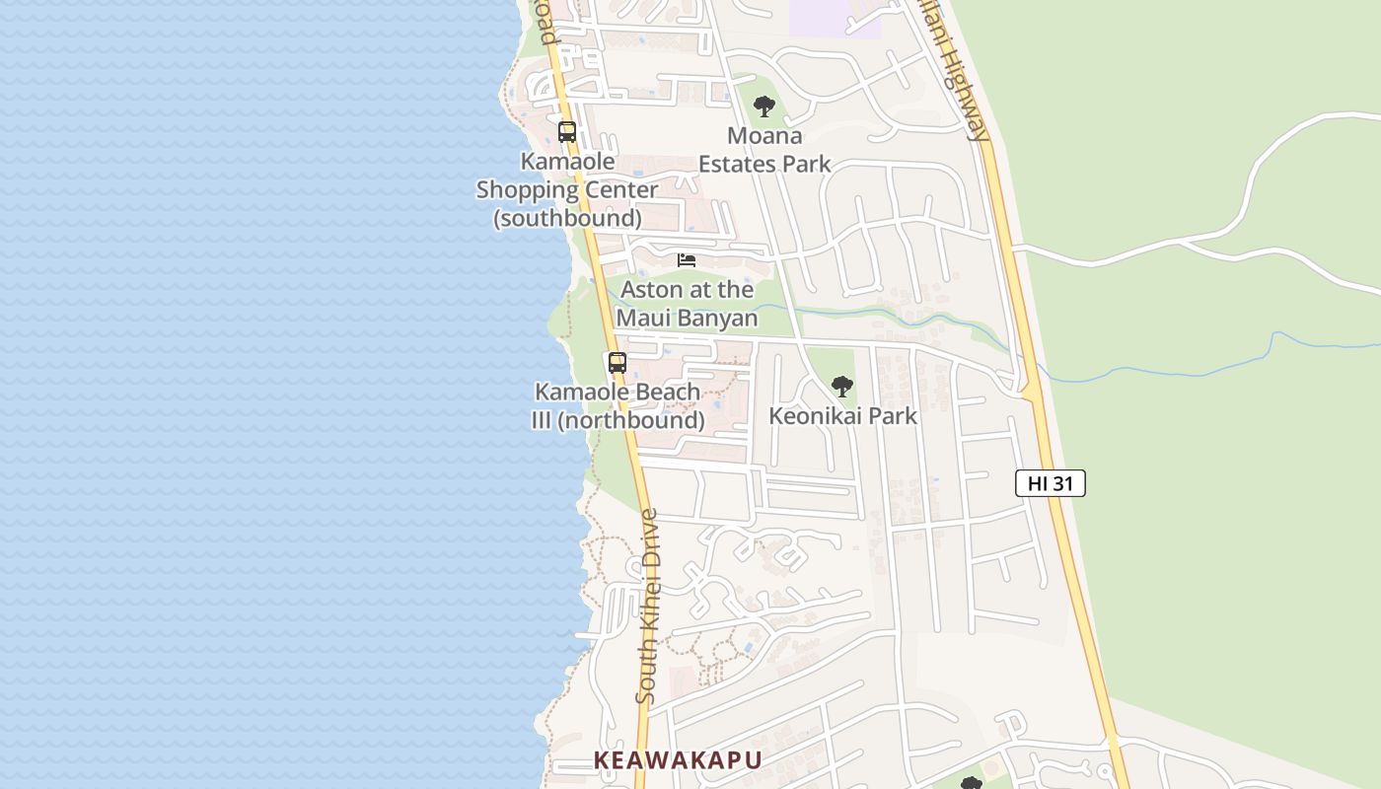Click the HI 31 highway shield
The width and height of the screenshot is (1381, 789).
pyautogui.click(x=1051, y=483)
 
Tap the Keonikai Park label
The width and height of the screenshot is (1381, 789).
pyautogui.click(x=842, y=416)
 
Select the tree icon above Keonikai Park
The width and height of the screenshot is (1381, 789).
pyautogui.click(x=841, y=387)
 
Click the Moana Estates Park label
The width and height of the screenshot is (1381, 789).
pyautogui.click(x=764, y=150)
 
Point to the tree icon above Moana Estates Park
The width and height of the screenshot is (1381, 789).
pyautogui.click(x=764, y=107)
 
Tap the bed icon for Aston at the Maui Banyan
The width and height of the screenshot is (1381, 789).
pyautogui.click(x=687, y=260)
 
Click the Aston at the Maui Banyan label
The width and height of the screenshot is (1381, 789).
pyautogui.click(x=687, y=304)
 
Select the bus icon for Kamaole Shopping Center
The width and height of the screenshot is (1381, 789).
pyautogui.click(x=567, y=131)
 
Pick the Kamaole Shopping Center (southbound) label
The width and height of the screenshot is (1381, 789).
pyautogui.click(x=567, y=189)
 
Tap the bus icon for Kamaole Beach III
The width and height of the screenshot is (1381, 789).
pyautogui.click(x=618, y=362)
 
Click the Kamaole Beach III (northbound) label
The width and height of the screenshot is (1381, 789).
pyautogui.click(x=618, y=406)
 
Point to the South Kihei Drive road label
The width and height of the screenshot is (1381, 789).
pyautogui.click(x=647, y=606)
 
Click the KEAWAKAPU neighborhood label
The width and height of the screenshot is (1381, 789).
pyautogui.click(x=678, y=760)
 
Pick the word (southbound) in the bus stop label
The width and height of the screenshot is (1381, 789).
pyautogui.click(x=567, y=217)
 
